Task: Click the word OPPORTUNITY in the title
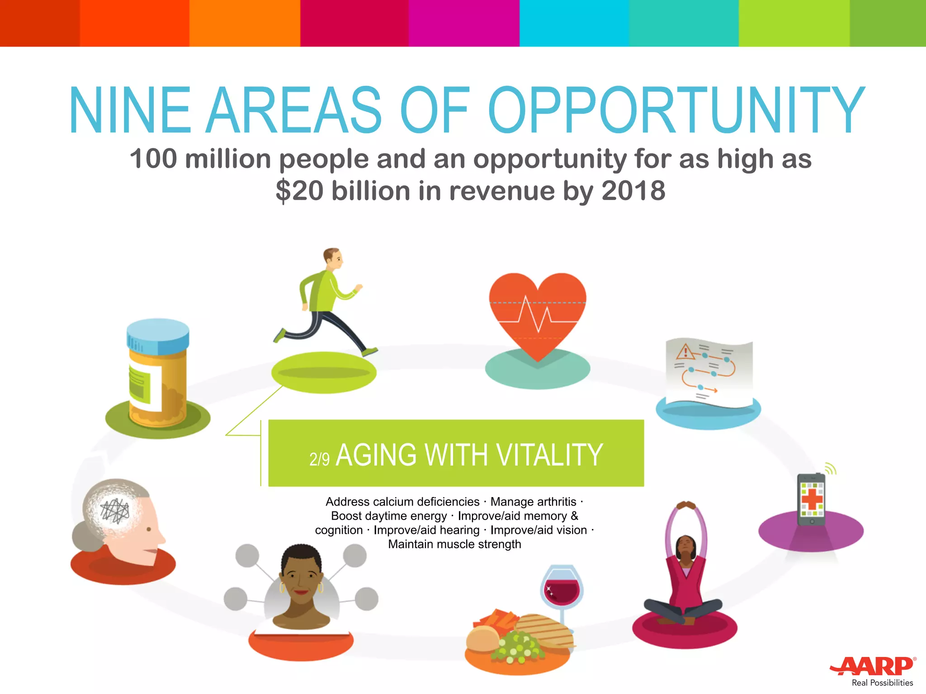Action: tap(676, 111)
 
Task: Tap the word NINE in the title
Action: tap(130, 111)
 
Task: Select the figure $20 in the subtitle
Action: tap(299, 191)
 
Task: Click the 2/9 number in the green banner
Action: tap(319, 459)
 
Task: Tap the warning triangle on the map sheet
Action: tap(685, 351)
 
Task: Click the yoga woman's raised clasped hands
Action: tap(686, 505)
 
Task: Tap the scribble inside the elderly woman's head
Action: tap(115, 511)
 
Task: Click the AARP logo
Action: tap(873, 666)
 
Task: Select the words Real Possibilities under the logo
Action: tap(882, 683)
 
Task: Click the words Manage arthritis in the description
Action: tap(533, 502)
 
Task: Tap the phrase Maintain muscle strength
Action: tap(454, 544)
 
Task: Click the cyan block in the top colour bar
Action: tap(574, 23)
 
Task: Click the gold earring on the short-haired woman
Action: tap(321, 587)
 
